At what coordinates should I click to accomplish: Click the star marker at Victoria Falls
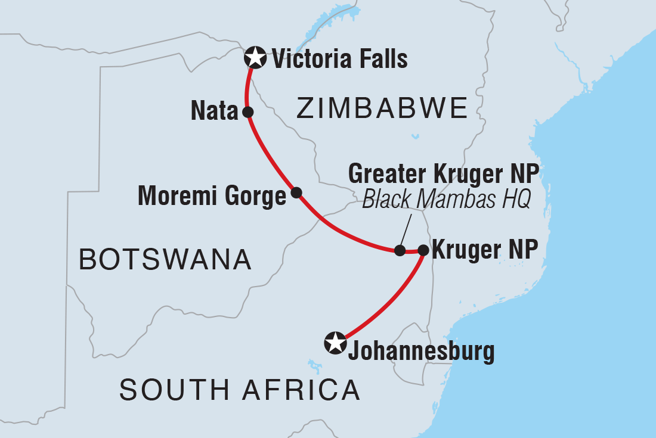coord(255,58)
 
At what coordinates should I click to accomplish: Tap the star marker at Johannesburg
coord(334,343)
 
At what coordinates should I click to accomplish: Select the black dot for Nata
coord(247,111)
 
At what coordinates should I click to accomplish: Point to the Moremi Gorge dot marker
coord(296,192)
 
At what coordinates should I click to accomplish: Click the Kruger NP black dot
coord(423,250)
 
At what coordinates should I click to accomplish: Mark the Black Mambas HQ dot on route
coord(400,250)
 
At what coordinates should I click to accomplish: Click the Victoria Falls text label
coord(339,59)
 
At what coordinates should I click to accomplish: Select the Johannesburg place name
coord(420,352)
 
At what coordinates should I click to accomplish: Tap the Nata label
coord(214,111)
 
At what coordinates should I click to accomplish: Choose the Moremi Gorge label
coord(212,196)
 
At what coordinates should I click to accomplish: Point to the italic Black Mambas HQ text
coord(446,200)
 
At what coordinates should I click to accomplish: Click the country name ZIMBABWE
coord(382,109)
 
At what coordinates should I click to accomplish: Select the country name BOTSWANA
coord(165,260)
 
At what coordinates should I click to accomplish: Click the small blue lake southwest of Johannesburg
coord(310,364)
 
